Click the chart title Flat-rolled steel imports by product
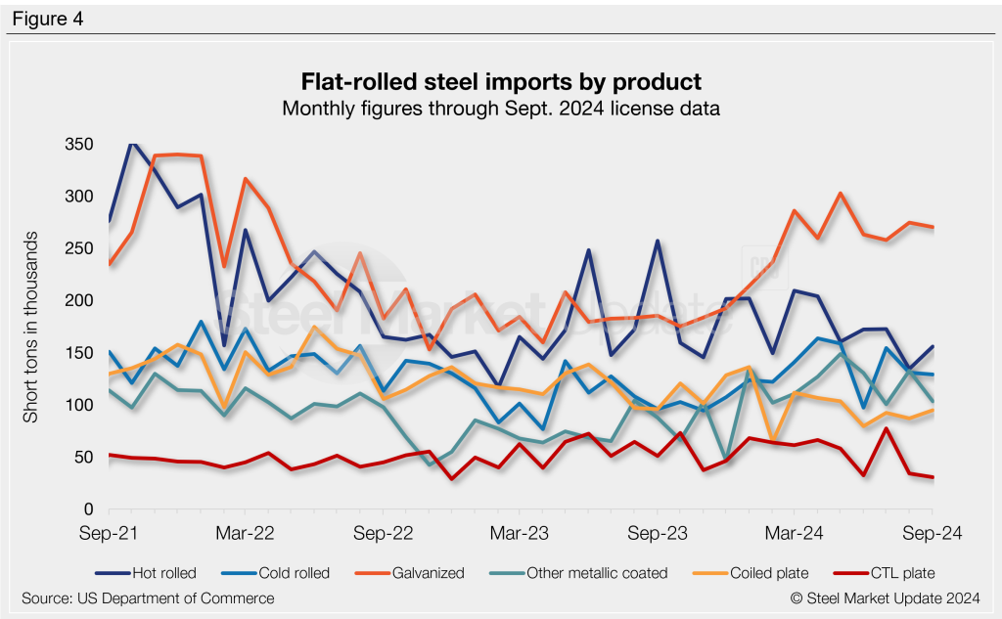(500, 80)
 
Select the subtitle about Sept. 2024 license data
(500, 109)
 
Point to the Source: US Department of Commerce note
(148, 597)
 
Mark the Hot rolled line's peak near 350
(132, 145)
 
